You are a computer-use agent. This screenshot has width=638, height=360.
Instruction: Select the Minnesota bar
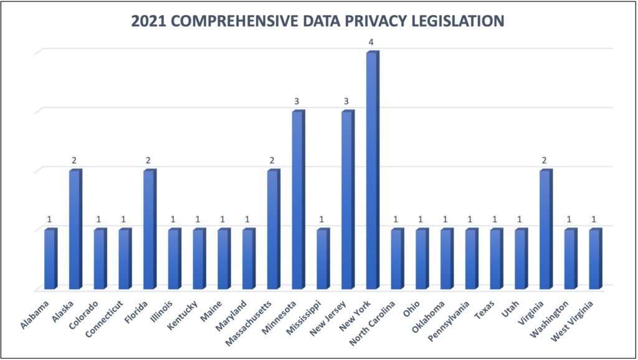point(298,201)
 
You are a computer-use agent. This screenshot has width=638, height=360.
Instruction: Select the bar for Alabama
point(50,260)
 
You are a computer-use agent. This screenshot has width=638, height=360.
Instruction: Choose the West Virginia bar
point(595,260)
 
